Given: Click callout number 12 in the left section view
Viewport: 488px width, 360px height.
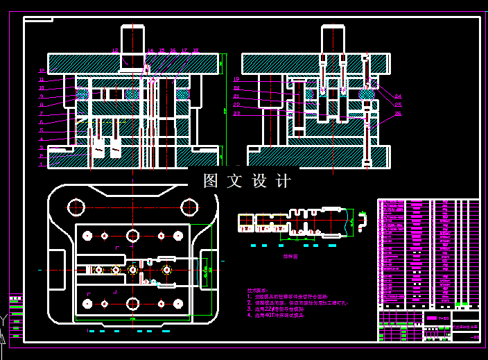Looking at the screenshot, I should click(x=42, y=71).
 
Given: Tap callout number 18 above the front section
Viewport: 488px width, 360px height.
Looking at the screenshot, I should click(x=195, y=51).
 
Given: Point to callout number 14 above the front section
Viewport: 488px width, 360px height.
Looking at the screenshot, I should click(x=150, y=51).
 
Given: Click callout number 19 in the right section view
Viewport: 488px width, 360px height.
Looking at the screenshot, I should click(x=236, y=80).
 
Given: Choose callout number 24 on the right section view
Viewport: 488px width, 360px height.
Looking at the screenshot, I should click(x=398, y=96).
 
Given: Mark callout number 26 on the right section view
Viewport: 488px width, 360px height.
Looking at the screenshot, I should click(x=398, y=113).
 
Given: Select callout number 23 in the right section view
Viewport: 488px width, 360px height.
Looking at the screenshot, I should click(x=236, y=113).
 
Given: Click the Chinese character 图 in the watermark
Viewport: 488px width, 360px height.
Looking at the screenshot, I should click(x=211, y=181).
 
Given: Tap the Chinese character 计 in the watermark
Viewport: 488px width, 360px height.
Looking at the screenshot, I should click(x=283, y=181).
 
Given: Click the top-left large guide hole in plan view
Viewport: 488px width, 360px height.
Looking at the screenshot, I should click(x=74, y=206).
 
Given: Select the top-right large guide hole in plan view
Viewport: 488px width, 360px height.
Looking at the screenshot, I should click(x=188, y=206).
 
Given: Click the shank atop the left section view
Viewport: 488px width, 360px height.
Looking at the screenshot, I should click(x=133, y=39).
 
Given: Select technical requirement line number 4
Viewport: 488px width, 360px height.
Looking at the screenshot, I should click(x=277, y=314).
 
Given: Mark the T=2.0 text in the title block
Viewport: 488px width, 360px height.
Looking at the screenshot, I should click(x=444, y=318).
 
